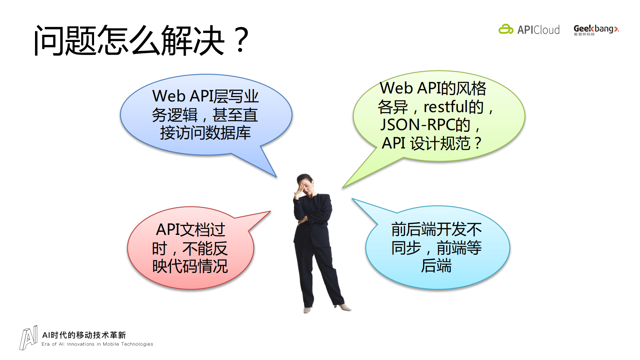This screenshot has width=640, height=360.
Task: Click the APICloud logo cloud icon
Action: tap(506, 29)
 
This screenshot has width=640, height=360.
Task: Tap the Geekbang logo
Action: tap(596, 30)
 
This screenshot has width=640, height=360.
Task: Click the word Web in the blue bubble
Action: tap(169, 96)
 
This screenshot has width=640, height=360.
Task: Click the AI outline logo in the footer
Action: tap(28, 338)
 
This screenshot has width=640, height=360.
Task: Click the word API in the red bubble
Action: tap(168, 230)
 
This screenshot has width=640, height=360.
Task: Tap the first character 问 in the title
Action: tap(49, 41)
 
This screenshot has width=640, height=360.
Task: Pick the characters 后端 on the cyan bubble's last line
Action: tap(436, 266)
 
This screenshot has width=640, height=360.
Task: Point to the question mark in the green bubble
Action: tap(478, 143)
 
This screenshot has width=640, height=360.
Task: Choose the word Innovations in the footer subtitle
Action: tap(81, 344)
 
